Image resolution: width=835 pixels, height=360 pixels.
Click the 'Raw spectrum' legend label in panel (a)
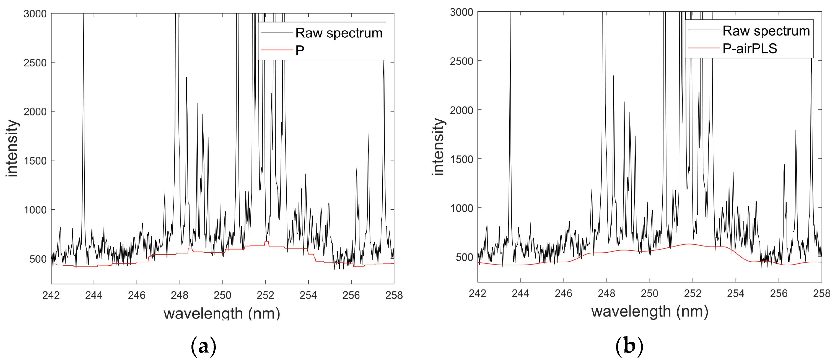pos(339,33)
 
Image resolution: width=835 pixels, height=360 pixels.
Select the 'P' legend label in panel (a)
pos(300,51)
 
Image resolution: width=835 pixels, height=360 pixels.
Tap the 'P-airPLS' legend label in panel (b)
pos(750,49)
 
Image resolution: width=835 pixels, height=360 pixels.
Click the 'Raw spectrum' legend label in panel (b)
pos(766,31)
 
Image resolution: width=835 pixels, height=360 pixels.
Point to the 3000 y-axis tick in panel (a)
pos(35,14)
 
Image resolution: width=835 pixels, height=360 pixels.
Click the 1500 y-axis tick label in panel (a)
pos(35,161)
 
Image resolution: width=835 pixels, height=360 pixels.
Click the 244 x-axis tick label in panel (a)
pos(94,296)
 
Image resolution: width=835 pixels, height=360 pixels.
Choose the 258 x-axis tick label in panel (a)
pos(394,296)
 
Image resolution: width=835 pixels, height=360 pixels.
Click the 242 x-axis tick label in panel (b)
pos(478,294)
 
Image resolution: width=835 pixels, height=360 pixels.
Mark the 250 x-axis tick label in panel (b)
pos(650,294)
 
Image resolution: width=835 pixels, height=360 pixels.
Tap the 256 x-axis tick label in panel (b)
pos(779,294)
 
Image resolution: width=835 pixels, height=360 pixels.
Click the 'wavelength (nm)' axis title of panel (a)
pos(222,314)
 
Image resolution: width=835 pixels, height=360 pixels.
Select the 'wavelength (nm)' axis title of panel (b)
pos(650,312)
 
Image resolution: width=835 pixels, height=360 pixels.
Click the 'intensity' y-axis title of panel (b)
pos(438,147)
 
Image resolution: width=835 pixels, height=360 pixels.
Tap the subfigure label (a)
pos(203,346)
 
